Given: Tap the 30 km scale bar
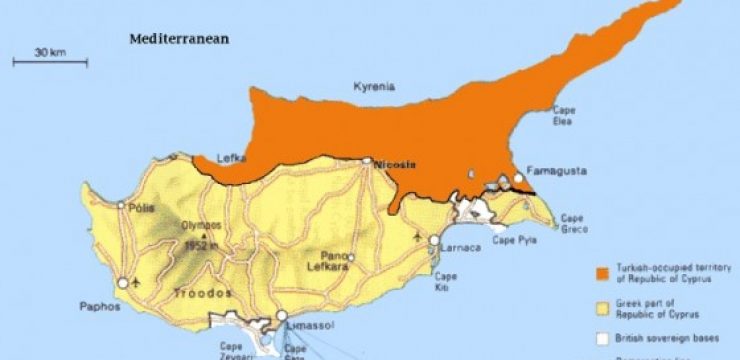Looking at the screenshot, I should click(50, 62).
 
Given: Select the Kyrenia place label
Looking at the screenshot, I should click(374, 88).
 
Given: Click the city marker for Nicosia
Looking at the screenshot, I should click(367, 160).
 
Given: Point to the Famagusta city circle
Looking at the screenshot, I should click(518, 179).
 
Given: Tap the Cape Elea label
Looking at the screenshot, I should click(564, 117).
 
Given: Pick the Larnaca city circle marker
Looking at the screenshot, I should click(434, 240).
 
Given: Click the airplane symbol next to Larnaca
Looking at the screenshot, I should click(416, 236).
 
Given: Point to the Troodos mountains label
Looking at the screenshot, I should click(203, 293).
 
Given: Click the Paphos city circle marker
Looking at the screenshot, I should click(123, 284).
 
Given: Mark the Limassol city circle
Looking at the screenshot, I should click(281, 315).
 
